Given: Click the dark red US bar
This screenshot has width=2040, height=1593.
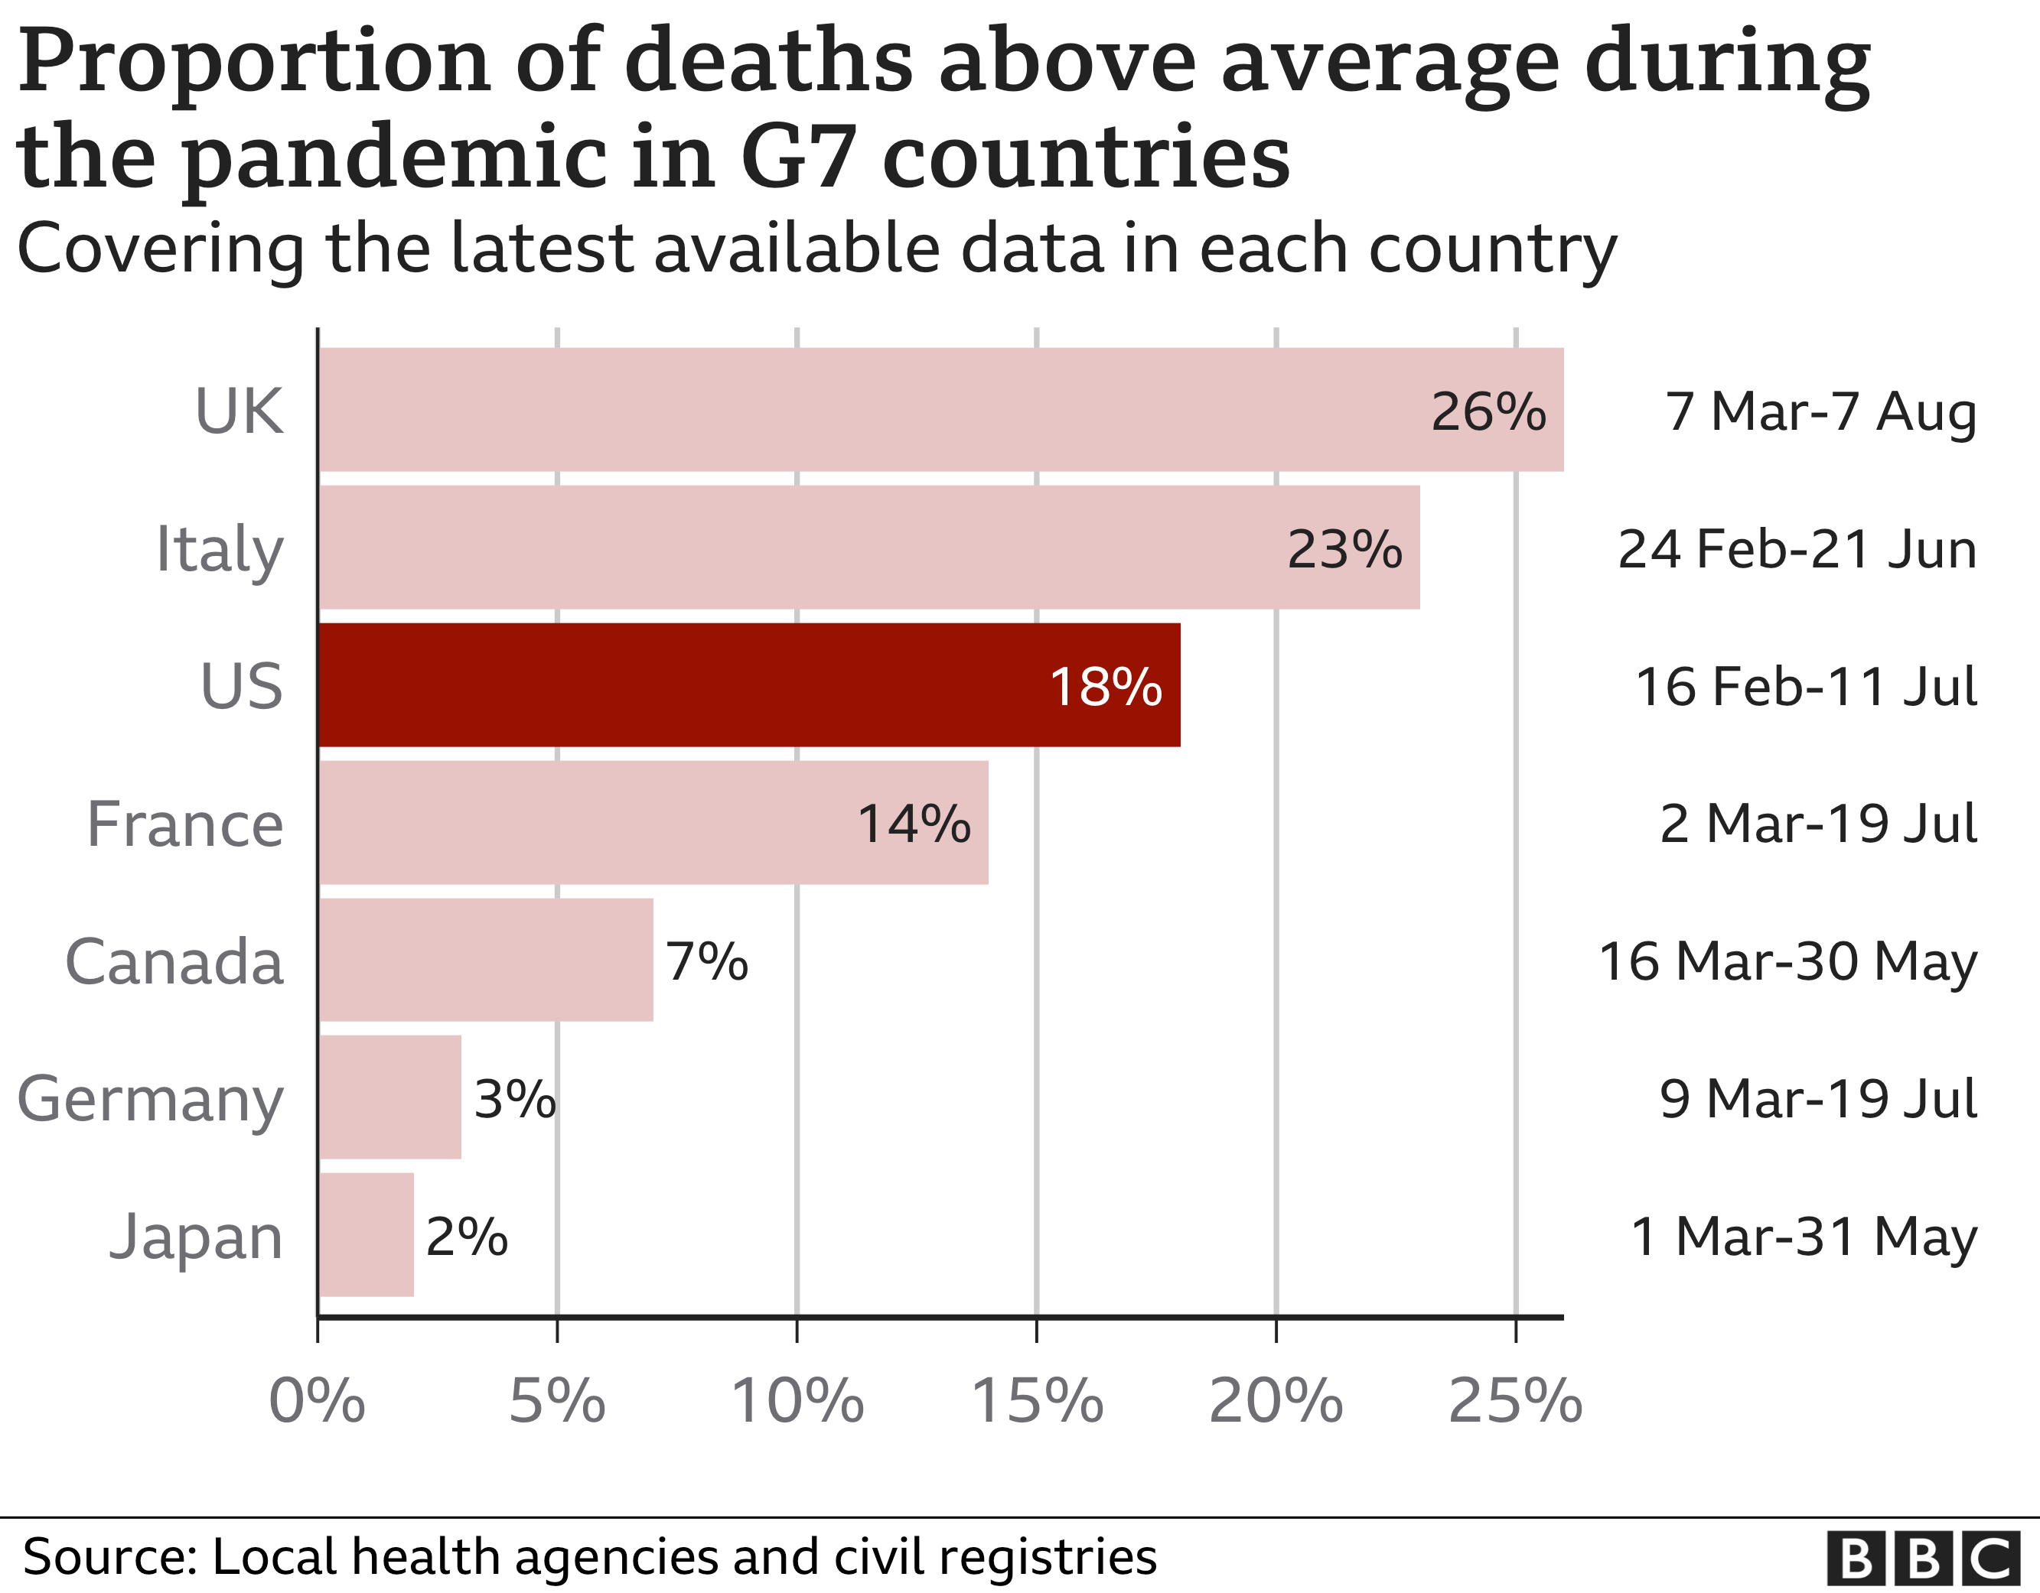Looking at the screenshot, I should pyautogui.click(x=748, y=684).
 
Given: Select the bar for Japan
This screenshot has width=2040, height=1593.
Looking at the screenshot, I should pyautogui.click(x=367, y=1234).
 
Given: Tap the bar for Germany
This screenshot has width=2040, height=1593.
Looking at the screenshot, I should pyautogui.click(x=389, y=1097).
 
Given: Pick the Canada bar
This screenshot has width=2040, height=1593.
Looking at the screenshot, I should pyautogui.click(x=486, y=960).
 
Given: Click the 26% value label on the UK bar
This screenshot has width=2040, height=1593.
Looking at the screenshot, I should pyautogui.click(x=1488, y=411).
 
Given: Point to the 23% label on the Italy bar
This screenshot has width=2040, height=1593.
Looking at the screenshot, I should pyautogui.click(x=1344, y=549).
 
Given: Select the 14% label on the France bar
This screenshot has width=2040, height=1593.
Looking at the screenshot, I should pyautogui.click(x=914, y=824).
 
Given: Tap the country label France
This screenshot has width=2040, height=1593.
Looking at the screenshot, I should pyautogui.click(x=185, y=824).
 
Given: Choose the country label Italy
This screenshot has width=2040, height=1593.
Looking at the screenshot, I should pyautogui.click(x=219, y=549).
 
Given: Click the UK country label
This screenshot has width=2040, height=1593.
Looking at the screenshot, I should pyautogui.click(x=238, y=411).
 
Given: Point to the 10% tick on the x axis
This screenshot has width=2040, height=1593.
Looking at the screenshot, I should pyautogui.click(x=797, y=1400).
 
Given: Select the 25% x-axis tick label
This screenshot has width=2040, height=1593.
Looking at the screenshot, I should pyautogui.click(x=1515, y=1400).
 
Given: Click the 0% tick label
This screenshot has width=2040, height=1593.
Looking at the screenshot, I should pyautogui.click(x=317, y=1400).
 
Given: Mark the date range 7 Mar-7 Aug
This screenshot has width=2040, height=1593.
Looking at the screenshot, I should pyautogui.click(x=1820, y=411).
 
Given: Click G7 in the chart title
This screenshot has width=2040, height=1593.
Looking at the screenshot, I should pyautogui.click(x=799, y=157).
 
